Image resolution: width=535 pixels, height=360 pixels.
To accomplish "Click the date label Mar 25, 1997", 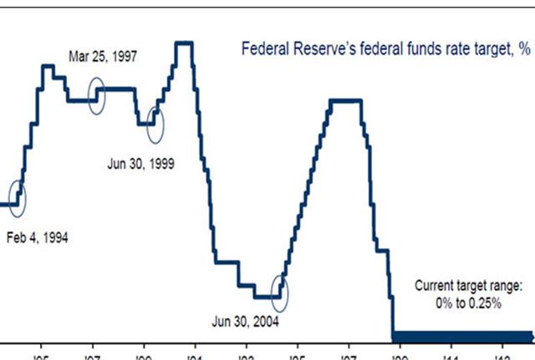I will click(103, 58).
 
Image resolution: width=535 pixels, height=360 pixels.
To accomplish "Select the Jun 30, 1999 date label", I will click(140, 164).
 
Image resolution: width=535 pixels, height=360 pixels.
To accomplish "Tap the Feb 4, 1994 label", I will click(37, 237).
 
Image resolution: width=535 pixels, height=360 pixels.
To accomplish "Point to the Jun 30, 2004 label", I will click(246, 321).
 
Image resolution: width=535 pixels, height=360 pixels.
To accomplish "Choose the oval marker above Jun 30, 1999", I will click(155, 122).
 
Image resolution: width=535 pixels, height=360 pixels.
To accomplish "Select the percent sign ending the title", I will click(523, 49).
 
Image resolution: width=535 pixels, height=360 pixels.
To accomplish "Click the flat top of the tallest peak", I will click(186, 42).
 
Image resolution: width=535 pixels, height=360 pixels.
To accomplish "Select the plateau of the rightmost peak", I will click(345, 101).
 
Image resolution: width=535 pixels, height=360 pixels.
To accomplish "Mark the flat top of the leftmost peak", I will click(48, 65).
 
